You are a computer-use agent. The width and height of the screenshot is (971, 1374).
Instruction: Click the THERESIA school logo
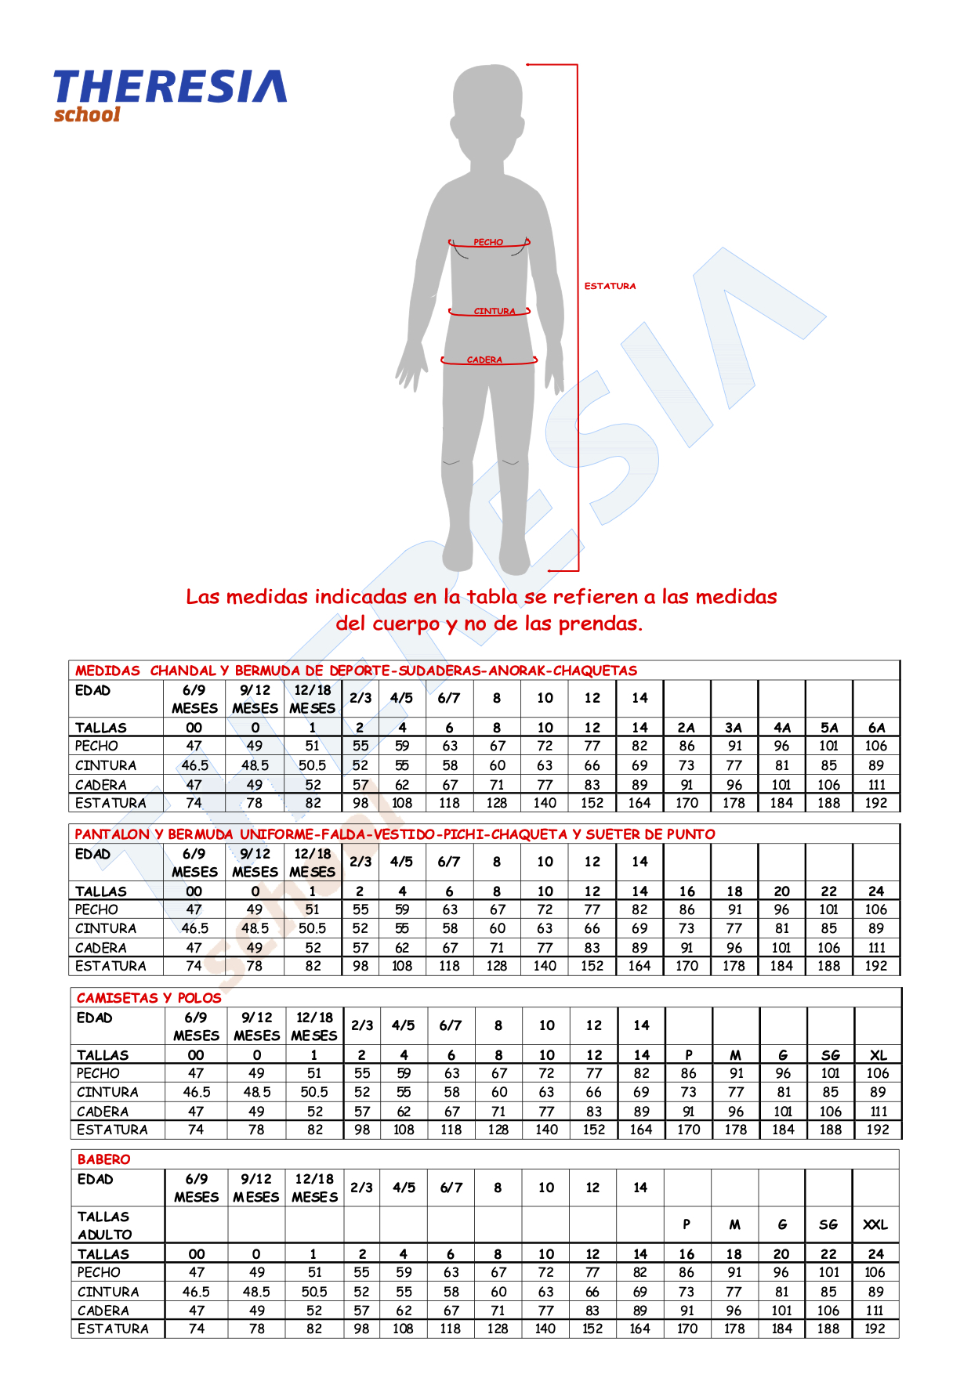pos(169,95)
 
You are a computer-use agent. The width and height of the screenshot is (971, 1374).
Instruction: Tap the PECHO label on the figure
pos(488,243)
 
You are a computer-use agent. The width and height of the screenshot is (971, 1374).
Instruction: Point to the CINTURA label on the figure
pos(495,311)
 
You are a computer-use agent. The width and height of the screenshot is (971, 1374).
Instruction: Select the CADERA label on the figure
pos(484,360)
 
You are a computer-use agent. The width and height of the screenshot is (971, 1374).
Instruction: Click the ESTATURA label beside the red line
pos(610,287)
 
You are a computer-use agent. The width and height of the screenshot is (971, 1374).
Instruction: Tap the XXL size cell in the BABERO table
pos(875,1224)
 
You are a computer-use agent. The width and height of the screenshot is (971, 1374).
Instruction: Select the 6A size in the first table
pos(876,728)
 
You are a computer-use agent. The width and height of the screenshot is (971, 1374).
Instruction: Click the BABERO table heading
pos(103,1159)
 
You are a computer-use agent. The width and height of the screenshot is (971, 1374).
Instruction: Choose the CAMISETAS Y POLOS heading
pos(149,998)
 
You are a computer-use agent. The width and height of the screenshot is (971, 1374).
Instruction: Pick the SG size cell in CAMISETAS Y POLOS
pos(831,1055)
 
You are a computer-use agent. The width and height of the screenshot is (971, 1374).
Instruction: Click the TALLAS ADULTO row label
pos(104,1225)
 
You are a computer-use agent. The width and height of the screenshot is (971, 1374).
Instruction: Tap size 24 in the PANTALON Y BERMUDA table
pos(876,891)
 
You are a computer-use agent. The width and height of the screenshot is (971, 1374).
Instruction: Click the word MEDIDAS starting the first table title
pos(107,671)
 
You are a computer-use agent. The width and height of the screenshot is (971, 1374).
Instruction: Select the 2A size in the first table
pos(687,728)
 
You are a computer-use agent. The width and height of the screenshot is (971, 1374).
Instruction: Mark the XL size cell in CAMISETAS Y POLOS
pos(878,1055)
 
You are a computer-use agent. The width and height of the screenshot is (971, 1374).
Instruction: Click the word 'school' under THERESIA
pos(87,114)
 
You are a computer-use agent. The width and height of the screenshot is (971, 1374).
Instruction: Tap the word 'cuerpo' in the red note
pos(406,624)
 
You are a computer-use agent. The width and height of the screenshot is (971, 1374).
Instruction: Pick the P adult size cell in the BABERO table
pos(687,1224)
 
